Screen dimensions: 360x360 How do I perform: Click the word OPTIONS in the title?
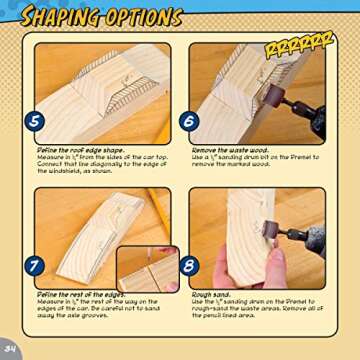144,17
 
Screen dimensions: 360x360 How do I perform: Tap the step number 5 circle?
35,121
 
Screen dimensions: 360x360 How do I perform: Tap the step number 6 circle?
190,121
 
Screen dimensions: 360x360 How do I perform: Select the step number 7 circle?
35,266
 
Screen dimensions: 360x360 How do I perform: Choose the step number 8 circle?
190,266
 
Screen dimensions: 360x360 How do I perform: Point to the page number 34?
10,348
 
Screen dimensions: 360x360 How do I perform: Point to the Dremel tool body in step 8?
310,240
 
